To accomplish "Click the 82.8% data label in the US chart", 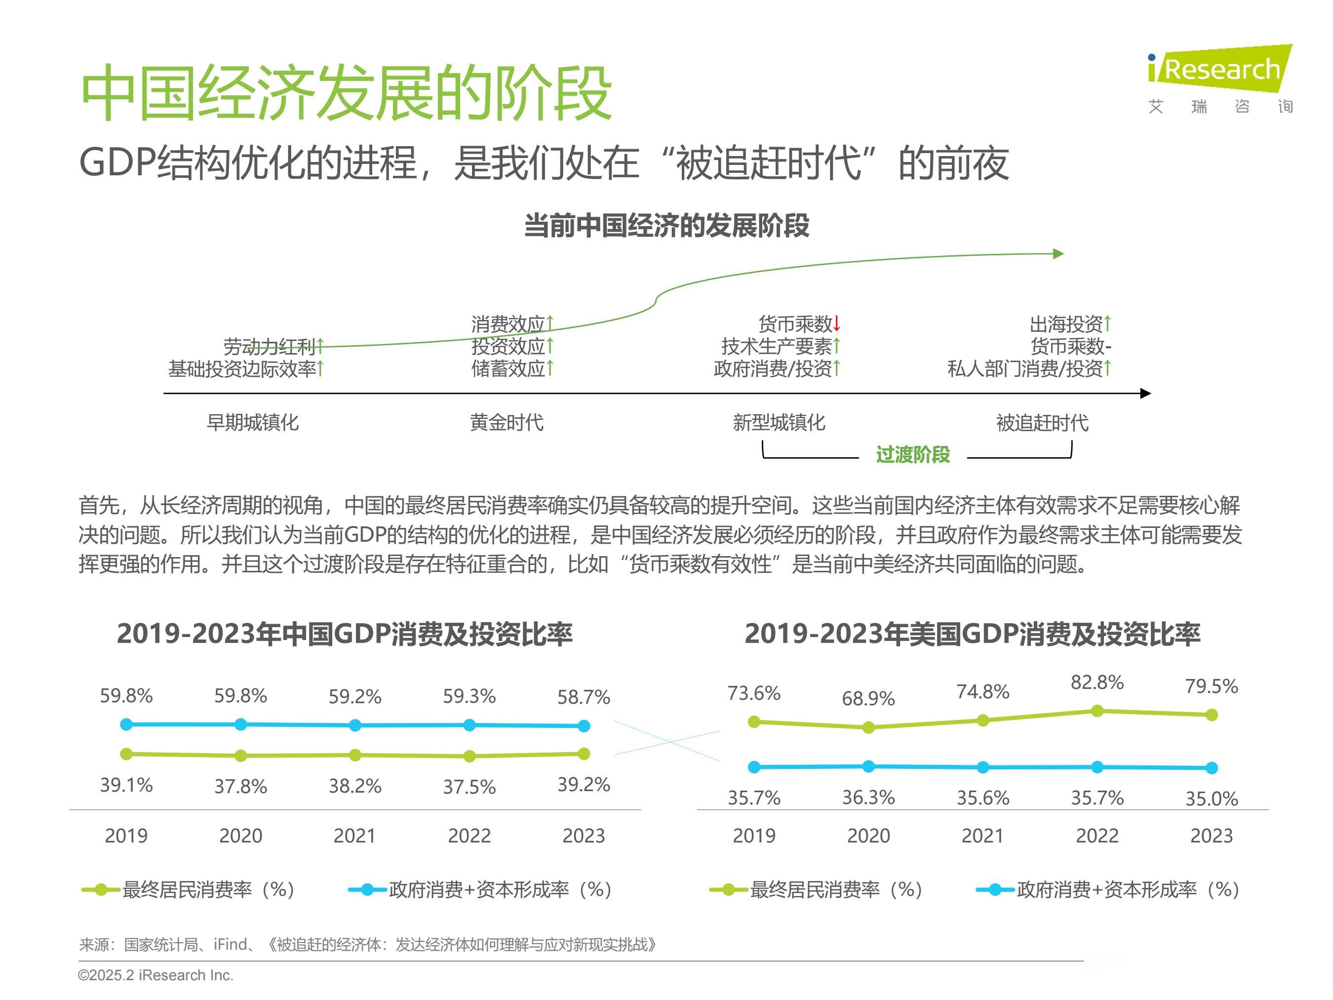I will click(1097, 682).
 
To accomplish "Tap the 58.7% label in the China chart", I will click(584, 697).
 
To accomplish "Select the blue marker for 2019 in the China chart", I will click(126, 724).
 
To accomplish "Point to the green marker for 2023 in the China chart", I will click(584, 753).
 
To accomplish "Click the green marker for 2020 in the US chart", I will click(868, 727).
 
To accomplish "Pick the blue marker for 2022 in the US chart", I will click(1097, 767).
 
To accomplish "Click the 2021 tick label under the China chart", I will click(354, 836).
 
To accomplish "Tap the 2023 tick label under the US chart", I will click(1211, 836).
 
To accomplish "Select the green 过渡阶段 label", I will click(912, 454).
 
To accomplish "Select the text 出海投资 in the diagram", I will click(1065, 324).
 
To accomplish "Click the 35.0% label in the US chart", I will click(1211, 799).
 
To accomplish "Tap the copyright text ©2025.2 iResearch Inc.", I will click(156, 975).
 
